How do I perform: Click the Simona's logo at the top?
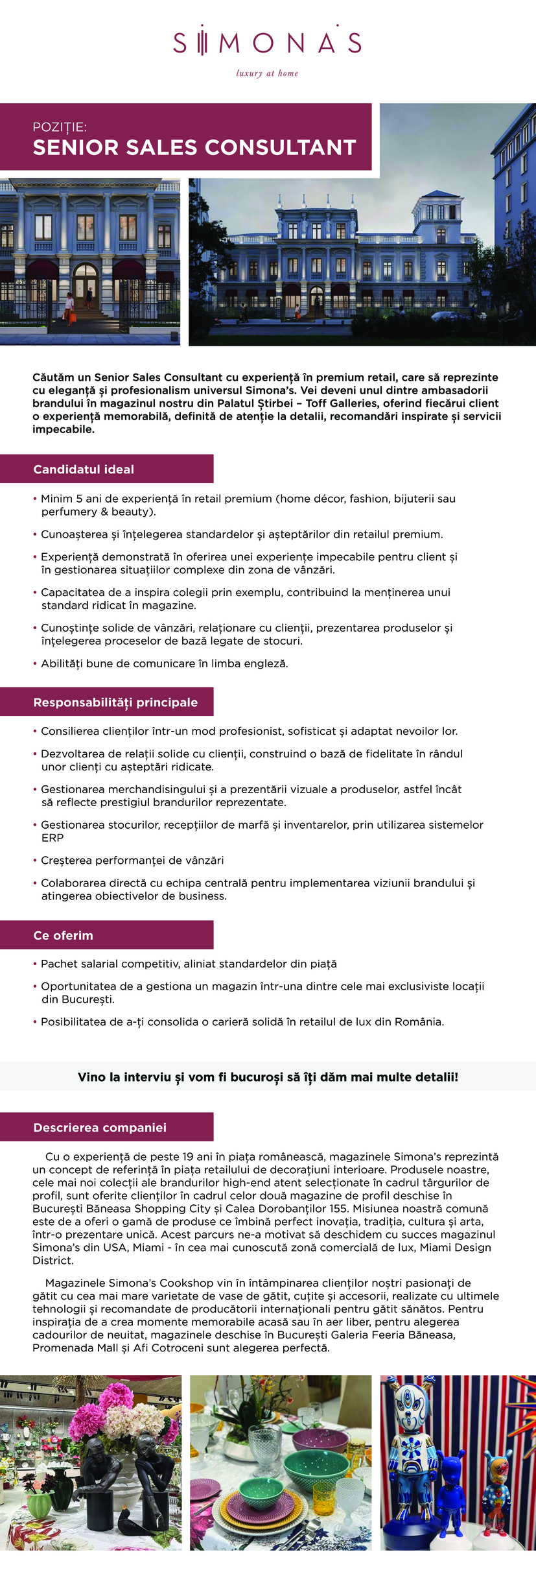(267, 43)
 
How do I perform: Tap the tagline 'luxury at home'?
(267, 74)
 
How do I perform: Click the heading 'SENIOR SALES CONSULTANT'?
(194, 148)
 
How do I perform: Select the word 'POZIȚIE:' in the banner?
(60, 127)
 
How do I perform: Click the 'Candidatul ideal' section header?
(84, 470)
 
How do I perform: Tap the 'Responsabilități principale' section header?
(115, 702)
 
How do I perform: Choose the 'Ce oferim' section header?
(63, 935)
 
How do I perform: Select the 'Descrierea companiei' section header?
(100, 1128)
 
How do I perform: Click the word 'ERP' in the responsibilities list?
(52, 838)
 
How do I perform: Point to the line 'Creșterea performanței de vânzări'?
(132, 861)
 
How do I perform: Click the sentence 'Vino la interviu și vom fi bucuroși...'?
(268, 1077)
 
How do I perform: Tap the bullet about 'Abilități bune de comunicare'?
(165, 663)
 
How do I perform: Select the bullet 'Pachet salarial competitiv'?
(189, 964)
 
